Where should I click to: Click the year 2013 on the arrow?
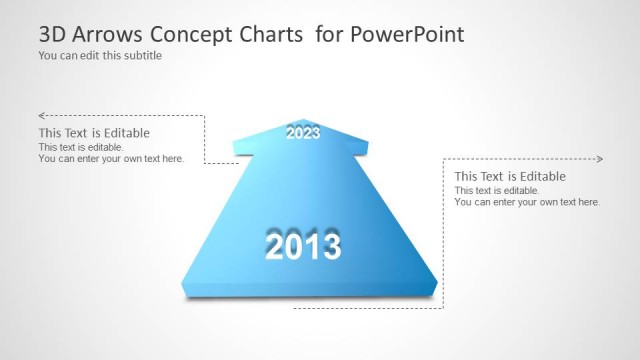(x=303, y=245)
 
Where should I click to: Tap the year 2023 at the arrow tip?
(x=303, y=132)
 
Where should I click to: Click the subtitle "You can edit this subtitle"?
(x=100, y=56)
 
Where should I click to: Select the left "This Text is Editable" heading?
(x=94, y=133)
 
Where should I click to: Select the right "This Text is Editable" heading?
(x=510, y=177)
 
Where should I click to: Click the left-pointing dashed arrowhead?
(x=42, y=116)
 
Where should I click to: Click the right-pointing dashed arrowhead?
(x=599, y=159)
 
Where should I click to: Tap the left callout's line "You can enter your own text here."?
(x=111, y=158)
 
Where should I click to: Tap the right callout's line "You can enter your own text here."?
(x=527, y=202)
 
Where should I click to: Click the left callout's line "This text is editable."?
(x=81, y=147)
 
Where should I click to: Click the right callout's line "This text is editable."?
(x=497, y=191)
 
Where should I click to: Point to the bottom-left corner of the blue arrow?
(x=181, y=285)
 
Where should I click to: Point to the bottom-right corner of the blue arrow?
(x=438, y=285)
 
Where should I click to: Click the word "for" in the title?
(x=328, y=35)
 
